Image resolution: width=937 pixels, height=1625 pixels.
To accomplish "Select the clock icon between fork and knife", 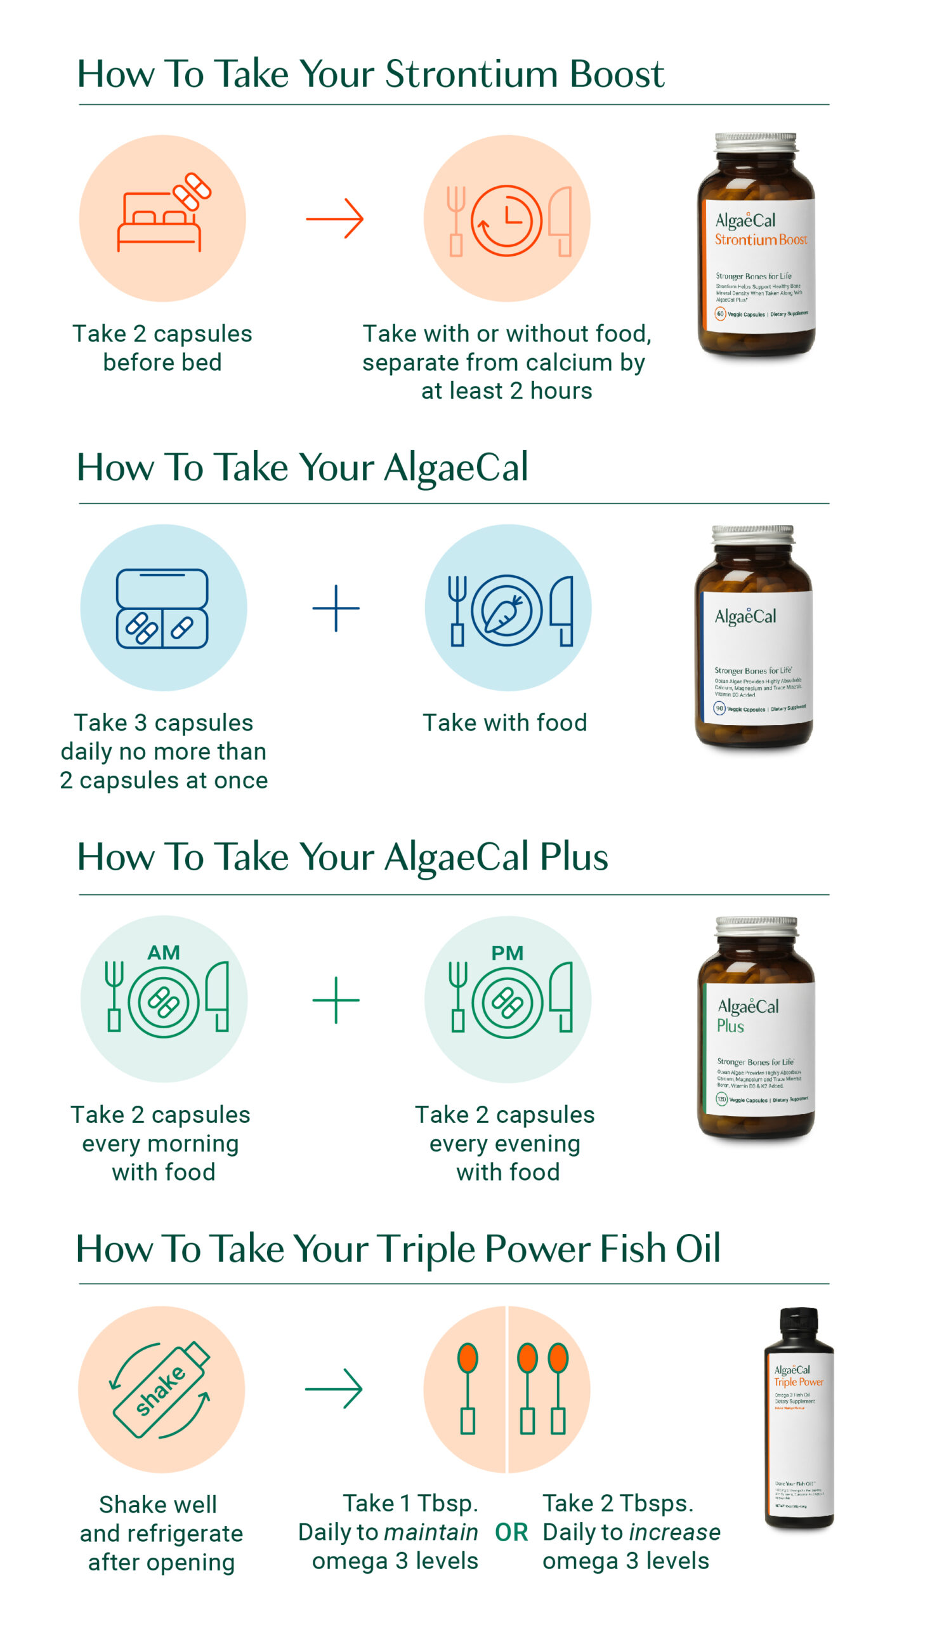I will click(506, 221).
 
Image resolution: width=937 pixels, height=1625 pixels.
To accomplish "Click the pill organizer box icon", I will click(162, 608).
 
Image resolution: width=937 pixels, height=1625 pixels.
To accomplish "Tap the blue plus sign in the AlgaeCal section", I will click(336, 607).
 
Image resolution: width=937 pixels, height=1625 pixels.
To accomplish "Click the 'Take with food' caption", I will click(504, 722).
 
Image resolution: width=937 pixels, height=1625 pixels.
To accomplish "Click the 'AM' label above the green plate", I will click(164, 952).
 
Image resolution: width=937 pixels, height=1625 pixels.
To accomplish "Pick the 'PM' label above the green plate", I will click(507, 953).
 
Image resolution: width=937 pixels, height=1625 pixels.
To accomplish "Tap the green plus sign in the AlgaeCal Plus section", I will click(336, 1000).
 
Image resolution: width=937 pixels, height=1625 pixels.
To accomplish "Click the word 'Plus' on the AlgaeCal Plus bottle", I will click(730, 1026).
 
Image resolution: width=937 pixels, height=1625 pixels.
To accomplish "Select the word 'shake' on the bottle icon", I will click(161, 1391).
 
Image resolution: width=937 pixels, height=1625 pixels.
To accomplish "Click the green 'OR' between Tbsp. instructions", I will click(511, 1532).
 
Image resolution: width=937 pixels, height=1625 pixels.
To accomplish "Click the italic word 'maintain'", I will click(431, 1532).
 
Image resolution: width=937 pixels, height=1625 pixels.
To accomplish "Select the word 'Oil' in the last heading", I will click(698, 1249).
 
